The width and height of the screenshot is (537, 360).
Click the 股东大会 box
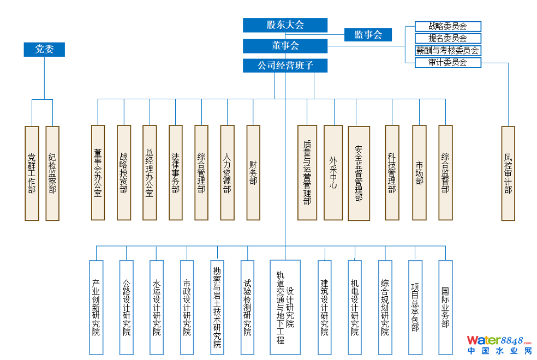click(x=285, y=25)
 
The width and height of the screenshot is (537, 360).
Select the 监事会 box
click(x=368, y=35)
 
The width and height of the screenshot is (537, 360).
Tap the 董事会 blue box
click(x=285, y=46)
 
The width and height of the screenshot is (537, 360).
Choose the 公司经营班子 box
click(x=285, y=66)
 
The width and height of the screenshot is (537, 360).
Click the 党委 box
click(x=44, y=49)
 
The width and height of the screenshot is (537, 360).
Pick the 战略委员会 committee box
click(x=448, y=26)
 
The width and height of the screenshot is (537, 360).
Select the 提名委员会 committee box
click(x=448, y=38)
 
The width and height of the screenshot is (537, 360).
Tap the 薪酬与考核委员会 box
click(x=448, y=51)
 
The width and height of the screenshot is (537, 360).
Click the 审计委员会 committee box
click(x=448, y=63)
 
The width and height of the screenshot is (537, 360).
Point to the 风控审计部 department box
click(x=508, y=173)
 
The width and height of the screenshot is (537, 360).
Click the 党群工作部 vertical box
click(x=32, y=173)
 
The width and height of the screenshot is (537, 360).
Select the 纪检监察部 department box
click(x=52, y=173)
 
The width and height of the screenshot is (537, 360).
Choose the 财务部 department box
click(x=253, y=172)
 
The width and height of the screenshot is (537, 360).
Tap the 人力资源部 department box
click(x=227, y=172)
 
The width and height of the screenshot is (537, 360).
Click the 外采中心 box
click(x=333, y=172)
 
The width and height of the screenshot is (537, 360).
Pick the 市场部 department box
click(x=419, y=172)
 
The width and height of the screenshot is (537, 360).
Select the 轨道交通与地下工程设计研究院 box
click(x=285, y=307)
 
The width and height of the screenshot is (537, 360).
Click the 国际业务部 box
click(x=445, y=307)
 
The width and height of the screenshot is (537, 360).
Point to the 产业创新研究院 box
click(x=96, y=307)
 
